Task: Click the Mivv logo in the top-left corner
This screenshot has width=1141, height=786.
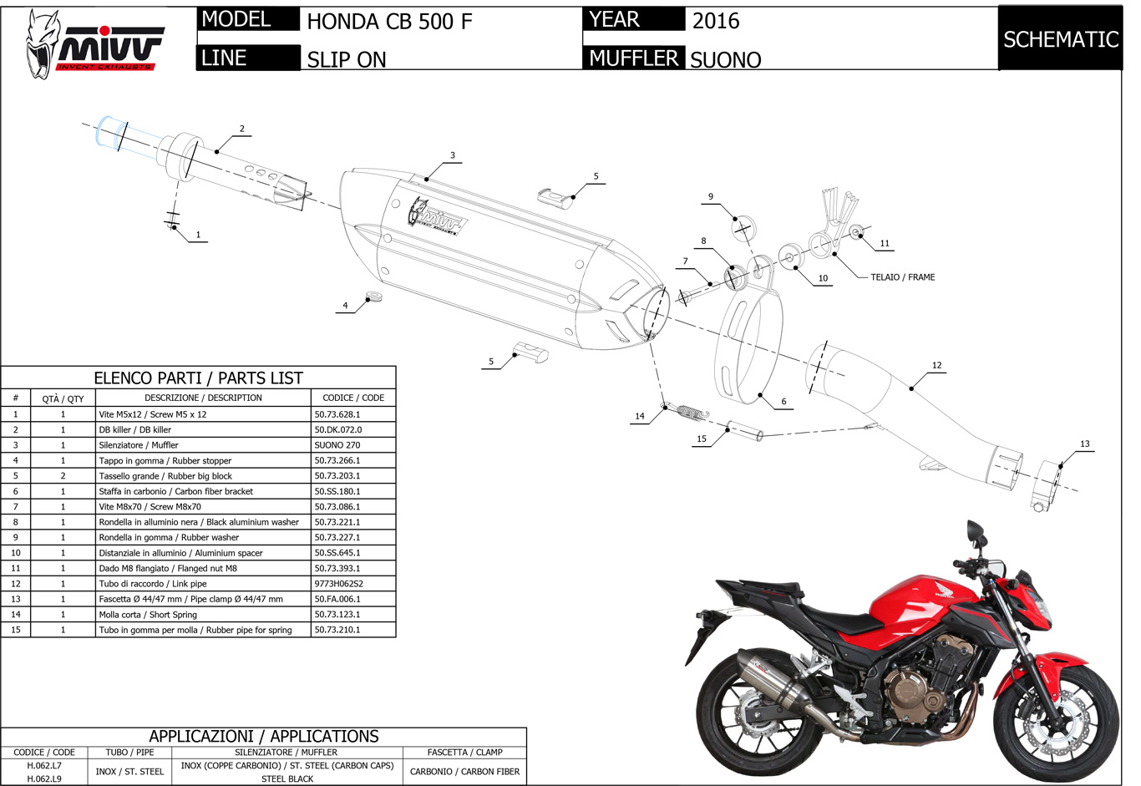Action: pos(94,44)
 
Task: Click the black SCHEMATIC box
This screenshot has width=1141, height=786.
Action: pos(1060,39)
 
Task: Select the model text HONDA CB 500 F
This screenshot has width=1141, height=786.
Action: pos(389,21)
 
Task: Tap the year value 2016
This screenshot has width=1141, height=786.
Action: pos(716,21)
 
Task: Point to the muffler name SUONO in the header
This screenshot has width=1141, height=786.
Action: pos(725,59)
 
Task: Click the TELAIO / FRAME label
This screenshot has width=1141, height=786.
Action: pos(902,277)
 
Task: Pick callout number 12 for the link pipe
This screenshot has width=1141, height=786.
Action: pos(936,365)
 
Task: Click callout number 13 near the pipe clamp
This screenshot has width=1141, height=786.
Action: pos(1084,444)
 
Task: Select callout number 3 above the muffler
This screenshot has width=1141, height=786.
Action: pos(453,155)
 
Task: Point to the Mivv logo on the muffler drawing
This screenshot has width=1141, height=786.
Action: pos(434,216)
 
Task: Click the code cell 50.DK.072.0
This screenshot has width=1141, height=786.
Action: pos(338,429)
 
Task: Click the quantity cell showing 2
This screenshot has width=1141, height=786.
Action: pos(63,476)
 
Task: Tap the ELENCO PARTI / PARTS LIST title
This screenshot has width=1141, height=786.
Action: pos(198,378)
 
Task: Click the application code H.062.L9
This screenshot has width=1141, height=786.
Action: pos(44,778)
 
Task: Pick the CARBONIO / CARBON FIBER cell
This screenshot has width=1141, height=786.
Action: pos(464,772)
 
